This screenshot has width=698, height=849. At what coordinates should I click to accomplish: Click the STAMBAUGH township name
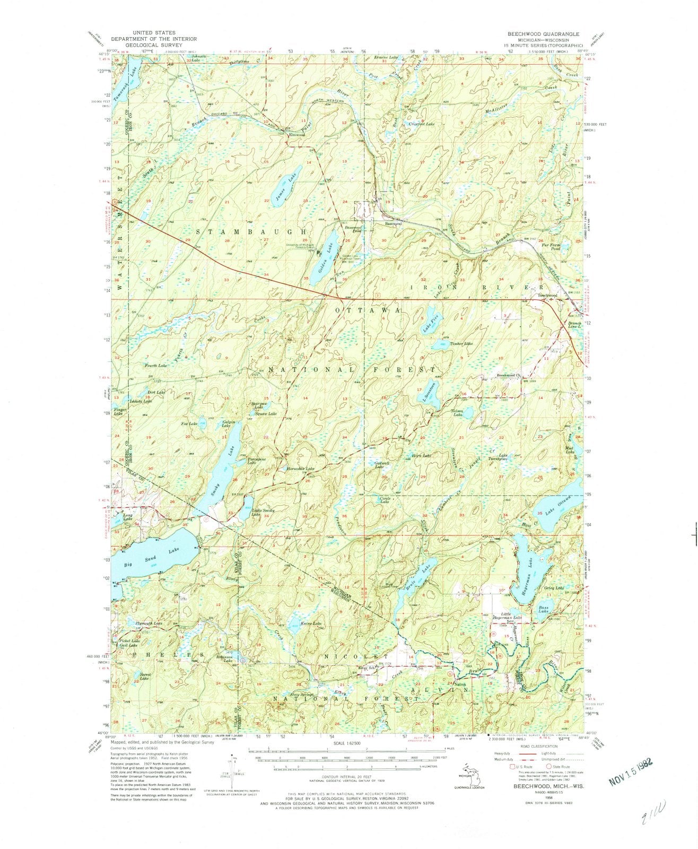[x=252, y=232]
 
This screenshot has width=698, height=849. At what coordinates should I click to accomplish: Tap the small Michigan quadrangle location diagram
[x=467, y=772]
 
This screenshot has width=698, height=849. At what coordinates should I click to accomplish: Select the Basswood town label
[x=393, y=224]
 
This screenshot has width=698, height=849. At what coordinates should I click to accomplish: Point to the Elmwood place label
[x=296, y=135]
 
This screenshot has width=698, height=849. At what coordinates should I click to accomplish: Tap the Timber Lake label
[x=461, y=344]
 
